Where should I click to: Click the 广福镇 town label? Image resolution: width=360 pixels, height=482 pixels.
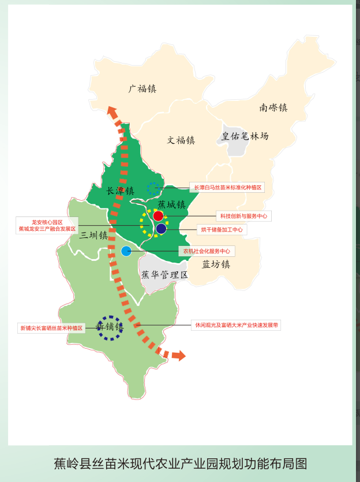(x=142, y=89)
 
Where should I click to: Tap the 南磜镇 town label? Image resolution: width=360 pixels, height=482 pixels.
(x=273, y=107)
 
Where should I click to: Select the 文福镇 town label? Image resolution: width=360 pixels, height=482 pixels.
(x=181, y=140)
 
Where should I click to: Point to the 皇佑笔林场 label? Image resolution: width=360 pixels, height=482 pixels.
(x=245, y=137)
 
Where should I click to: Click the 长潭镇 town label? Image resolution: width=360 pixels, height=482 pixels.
(x=121, y=191)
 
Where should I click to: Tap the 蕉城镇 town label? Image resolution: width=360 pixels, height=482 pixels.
(x=171, y=204)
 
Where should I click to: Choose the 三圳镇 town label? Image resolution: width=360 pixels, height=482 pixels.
(x=94, y=236)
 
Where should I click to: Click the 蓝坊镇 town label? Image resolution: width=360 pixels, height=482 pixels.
(x=216, y=264)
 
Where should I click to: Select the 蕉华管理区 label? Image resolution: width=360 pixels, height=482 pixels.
(x=165, y=275)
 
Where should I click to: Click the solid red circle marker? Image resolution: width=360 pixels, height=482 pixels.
(x=158, y=216)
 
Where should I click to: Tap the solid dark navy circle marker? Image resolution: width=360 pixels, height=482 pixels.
(x=161, y=229)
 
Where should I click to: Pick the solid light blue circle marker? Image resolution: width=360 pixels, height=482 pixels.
(x=126, y=251)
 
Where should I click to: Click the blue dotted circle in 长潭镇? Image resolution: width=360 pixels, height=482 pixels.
(x=153, y=188)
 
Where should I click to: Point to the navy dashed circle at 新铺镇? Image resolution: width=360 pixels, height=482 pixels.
(x=109, y=327)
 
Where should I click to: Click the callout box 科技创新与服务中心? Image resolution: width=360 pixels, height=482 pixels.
(x=243, y=216)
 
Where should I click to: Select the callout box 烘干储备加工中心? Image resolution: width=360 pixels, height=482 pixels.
(x=222, y=230)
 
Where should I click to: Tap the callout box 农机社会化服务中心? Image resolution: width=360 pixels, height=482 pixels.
(x=207, y=251)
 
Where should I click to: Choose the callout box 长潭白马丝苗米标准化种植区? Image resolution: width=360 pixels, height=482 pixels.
(x=227, y=188)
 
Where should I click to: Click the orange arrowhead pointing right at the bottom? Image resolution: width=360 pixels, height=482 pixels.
(x=179, y=356)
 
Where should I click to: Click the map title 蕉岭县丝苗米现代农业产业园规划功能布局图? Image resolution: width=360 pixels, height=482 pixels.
(x=180, y=464)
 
